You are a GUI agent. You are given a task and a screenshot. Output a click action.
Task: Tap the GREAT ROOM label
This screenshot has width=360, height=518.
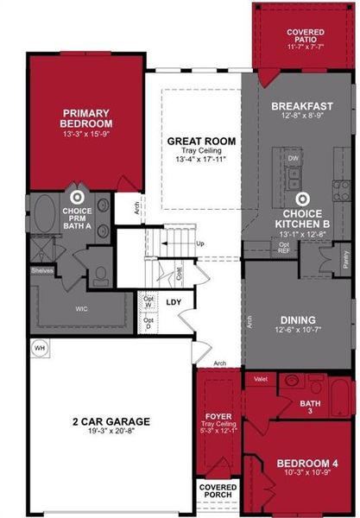(201, 141)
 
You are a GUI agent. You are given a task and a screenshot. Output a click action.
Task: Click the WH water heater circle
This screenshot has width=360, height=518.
(39, 347)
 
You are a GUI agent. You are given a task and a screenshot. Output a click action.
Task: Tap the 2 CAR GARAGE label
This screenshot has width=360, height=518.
(111, 421)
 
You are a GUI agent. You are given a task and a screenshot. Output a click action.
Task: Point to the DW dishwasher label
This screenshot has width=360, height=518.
(294, 159)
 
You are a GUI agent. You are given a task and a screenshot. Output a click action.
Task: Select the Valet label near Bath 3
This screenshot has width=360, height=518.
(260, 378)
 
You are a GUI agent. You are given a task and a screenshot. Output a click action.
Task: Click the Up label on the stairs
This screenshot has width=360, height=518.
(200, 243)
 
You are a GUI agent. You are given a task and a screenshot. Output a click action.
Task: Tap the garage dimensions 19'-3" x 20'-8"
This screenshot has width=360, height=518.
(111, 433)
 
